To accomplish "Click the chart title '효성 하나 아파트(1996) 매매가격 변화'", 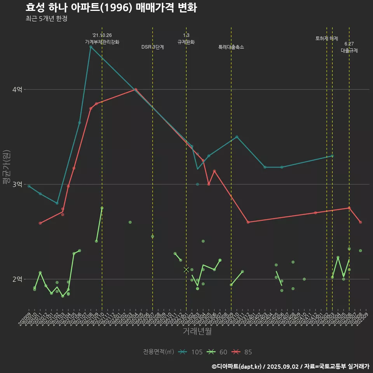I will tap(111, 8).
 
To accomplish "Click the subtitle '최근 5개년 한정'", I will tap(46, 19).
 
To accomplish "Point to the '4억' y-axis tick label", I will tap(17, 90).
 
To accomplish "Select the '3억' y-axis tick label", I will tap(17, 185).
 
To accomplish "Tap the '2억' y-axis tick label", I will tap(17, 279).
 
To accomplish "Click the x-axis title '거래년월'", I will tap(197, 331).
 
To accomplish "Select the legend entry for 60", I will tap(217, 352).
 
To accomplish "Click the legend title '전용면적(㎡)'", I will tap(159, 352).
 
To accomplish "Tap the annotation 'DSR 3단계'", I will tap(153, 47).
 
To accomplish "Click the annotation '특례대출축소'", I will tap(231, 47).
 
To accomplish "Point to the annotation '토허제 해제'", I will tap(327, 38).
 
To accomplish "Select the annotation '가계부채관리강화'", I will tap(102, 42).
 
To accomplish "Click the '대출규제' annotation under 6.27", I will tap(349, 51).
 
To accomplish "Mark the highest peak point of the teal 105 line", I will tap(91, 47).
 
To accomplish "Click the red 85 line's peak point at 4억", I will tap(136, 89).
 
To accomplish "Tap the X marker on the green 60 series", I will tap(186, 270).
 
